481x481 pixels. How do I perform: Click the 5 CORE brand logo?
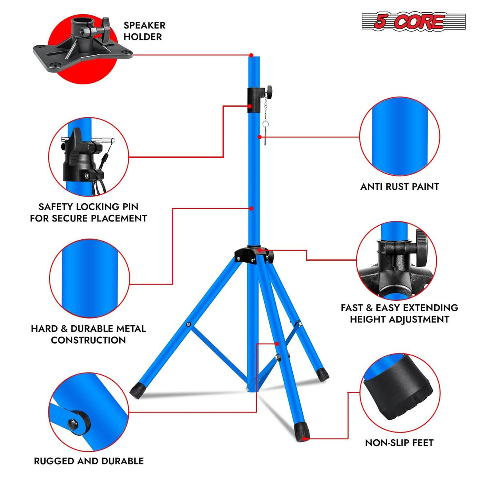[x=413, y=22]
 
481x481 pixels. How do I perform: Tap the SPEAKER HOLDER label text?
[x=144, y=31]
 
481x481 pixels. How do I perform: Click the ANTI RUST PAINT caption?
[x=399, y=187]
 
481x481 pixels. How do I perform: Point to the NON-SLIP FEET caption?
[x=399, y=443]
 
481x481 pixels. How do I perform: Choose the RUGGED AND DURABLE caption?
[x=89, y=461]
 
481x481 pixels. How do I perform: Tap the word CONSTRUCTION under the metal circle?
[x=88, y=340]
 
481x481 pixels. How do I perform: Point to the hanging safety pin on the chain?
[x=265, y=132]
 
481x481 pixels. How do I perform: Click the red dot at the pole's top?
[x=251, y=55]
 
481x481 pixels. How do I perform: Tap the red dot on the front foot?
[x=303, y=439]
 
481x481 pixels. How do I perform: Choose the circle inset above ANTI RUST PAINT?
[x=399, y=137]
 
